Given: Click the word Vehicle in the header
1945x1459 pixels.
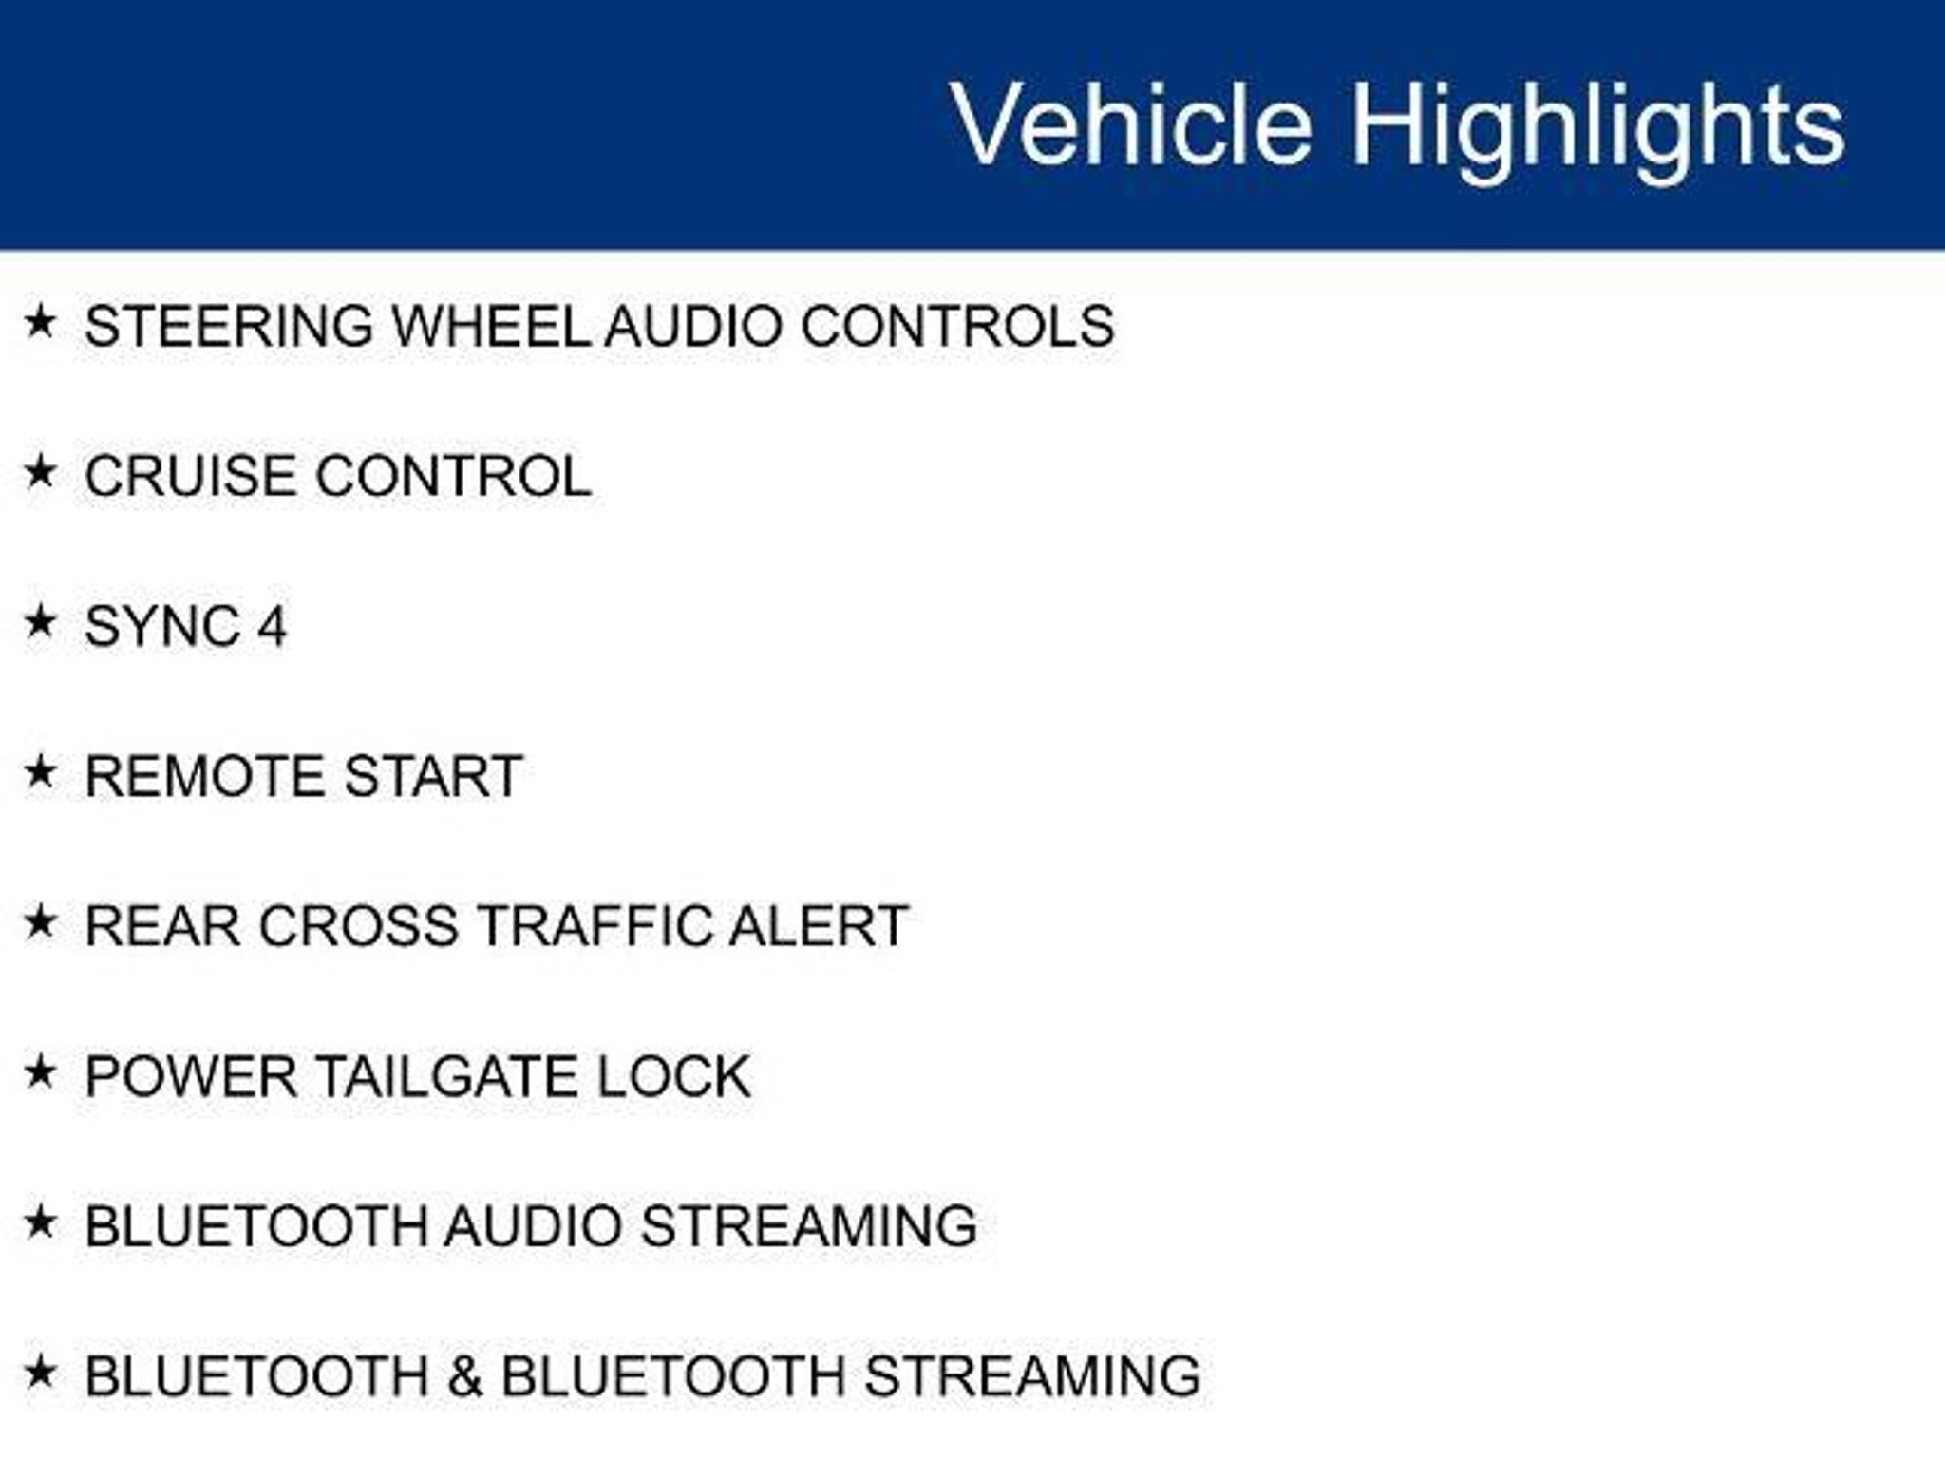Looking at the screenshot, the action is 1131,124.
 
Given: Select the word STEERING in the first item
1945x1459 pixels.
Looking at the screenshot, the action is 229,326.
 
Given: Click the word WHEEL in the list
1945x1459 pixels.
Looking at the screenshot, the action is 491,326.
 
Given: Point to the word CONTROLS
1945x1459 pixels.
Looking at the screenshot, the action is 957,326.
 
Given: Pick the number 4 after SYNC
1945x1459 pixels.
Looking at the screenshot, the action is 272,626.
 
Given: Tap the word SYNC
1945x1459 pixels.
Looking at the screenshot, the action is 162,626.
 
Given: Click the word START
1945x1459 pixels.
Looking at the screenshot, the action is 433,776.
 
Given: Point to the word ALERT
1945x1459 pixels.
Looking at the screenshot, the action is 819,926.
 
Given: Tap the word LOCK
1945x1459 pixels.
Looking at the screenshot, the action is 673,1076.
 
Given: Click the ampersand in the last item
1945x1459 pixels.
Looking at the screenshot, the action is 464,1376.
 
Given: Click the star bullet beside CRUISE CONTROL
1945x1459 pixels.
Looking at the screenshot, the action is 40,471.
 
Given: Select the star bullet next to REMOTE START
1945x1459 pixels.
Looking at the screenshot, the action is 40,771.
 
